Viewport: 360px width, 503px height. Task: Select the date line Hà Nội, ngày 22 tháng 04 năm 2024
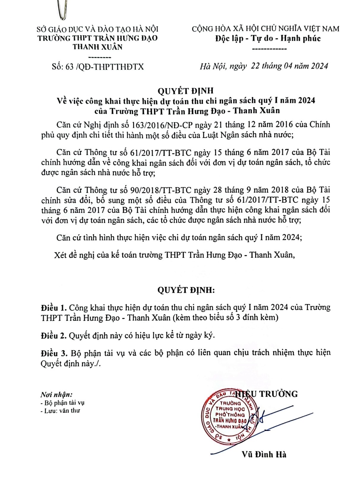tap(264, 66)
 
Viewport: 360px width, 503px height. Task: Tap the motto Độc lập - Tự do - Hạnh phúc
tap(268, 39)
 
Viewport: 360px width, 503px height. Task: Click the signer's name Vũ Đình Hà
tap(264, 454)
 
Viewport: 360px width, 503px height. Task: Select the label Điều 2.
tap(53, 336)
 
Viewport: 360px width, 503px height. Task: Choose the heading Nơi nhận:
tap(56, 395)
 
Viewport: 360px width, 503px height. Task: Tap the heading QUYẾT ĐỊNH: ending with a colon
tap(186, 290)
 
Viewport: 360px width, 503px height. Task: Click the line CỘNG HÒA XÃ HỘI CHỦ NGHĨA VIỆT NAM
tap(265, 29)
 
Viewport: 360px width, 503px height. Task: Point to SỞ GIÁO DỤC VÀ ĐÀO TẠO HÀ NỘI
tap(97, 29)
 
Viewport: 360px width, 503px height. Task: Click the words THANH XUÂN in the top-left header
tap(97, 47)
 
